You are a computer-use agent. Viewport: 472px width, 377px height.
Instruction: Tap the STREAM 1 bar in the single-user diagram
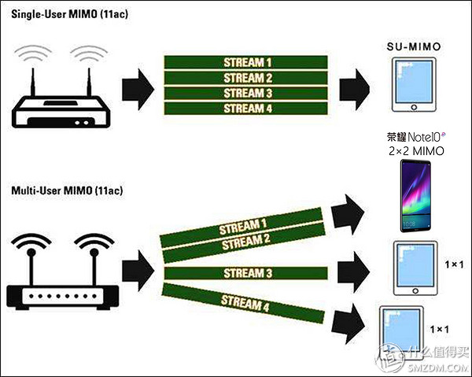click(245, 62)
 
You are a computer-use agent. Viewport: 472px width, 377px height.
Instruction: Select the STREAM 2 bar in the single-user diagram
click(245, 78)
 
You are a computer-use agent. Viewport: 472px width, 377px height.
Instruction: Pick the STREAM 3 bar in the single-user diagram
click(245, 93)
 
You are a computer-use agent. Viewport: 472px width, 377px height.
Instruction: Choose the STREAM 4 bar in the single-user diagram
click(245, 108)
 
